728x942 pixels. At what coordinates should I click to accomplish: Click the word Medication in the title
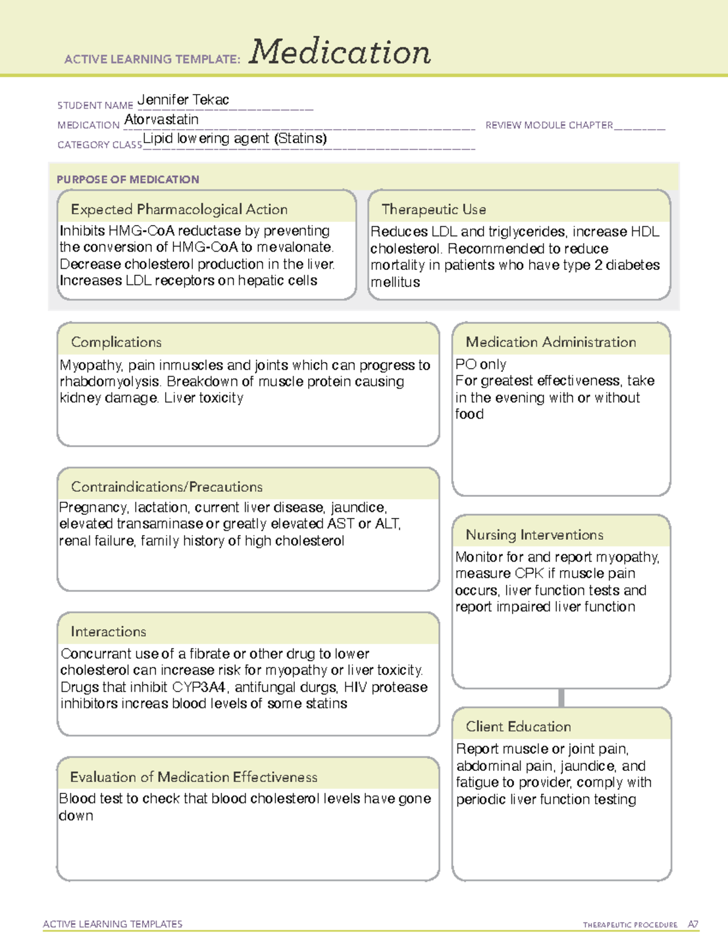(340, 52)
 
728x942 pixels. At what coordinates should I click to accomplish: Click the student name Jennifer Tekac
(183, 100)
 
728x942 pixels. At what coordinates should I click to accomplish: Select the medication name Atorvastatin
(161, 119)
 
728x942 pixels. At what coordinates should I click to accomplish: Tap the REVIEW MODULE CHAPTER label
(549, 125)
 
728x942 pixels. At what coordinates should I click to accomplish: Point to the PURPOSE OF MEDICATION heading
(128, 180)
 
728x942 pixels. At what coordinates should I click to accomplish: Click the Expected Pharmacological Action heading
(179, 209)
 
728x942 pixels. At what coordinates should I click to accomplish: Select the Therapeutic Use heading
(434, 209)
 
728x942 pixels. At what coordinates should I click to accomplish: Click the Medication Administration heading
(550, 342)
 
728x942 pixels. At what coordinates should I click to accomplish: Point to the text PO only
(480, 365)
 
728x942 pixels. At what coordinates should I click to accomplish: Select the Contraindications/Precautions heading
(167, 487)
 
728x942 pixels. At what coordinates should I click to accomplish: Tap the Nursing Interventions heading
(534, 535)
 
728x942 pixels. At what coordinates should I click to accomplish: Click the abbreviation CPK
(529, 574)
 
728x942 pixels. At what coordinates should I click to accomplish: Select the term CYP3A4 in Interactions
(198, 687)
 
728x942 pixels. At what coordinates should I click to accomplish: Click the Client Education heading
(518, 727)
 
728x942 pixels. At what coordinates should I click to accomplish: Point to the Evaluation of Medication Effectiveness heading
(194, 777)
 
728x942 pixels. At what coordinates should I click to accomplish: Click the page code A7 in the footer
(693, 924)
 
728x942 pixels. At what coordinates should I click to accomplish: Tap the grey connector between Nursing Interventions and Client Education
(561, 698)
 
